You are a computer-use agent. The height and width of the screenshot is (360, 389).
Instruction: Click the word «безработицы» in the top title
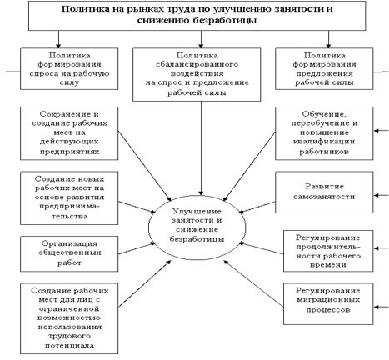pos(225,20)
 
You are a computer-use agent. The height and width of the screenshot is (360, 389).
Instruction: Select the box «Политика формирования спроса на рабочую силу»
pos(69,68)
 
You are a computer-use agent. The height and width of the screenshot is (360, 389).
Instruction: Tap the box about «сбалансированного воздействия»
pos(197,74)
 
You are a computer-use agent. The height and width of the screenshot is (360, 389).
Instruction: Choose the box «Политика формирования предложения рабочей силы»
pos(324,68)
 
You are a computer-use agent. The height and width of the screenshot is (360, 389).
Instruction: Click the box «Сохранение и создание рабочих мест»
pos(69,133)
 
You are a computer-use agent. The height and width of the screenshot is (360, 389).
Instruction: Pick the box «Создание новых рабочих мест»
pos(69,197)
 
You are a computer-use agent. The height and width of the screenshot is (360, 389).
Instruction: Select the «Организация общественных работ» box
pos(69,253)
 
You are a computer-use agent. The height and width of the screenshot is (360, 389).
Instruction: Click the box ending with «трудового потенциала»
pos(69,318)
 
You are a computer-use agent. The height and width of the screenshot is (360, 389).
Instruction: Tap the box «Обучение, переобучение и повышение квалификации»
pos(324,133)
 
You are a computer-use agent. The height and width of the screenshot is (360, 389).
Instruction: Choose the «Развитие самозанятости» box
pos(324,192)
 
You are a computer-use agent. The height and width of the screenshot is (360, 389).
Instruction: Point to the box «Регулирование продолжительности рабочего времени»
pos(328,251)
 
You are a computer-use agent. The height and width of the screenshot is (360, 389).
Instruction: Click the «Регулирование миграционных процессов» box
pos(328,304)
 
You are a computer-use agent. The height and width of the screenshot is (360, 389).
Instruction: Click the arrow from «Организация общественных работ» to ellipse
pos(137,248)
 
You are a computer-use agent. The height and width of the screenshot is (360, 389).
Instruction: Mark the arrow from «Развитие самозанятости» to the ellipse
pos(257,207)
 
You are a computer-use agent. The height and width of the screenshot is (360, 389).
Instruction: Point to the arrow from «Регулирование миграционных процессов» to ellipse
pos(253,283)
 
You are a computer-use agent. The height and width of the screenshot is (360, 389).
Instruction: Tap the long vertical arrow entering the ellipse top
pos(201,148)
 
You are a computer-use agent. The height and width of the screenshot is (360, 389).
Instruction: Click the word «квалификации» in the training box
pos(324,142)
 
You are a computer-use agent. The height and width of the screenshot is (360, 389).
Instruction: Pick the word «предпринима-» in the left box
pos(69,207)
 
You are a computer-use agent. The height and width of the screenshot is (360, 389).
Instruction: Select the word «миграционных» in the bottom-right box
pos(328,300)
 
